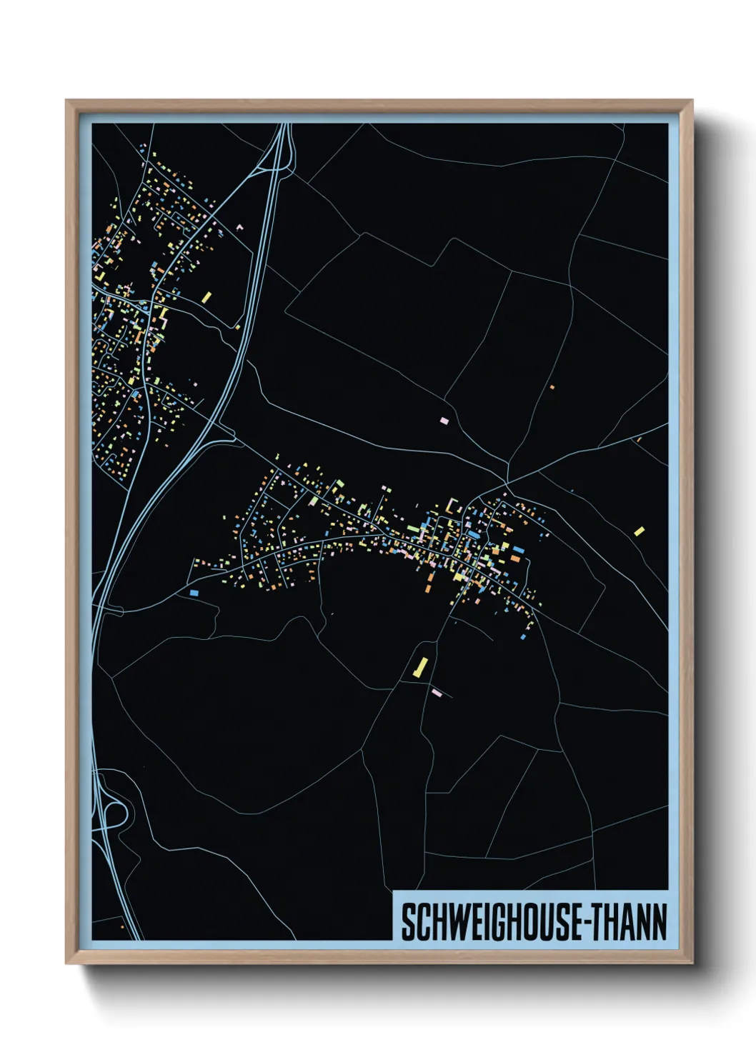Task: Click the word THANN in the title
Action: (x=628, y=923)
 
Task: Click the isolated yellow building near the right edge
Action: (x=639, y=531)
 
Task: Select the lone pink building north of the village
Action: (x=444, y=421)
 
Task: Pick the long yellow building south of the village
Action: (x=420, y=667)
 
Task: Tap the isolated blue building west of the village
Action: (x=194, y=593)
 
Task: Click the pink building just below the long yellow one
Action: (x=437, y=692)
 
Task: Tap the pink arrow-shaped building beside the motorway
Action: (x=239, y=227)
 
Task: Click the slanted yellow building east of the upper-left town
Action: (x=207, y=296)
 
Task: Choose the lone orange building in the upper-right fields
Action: (x=552, y=387)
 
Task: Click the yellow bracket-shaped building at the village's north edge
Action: (x=452, y=506)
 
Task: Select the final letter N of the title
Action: (x=660, y=923)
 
